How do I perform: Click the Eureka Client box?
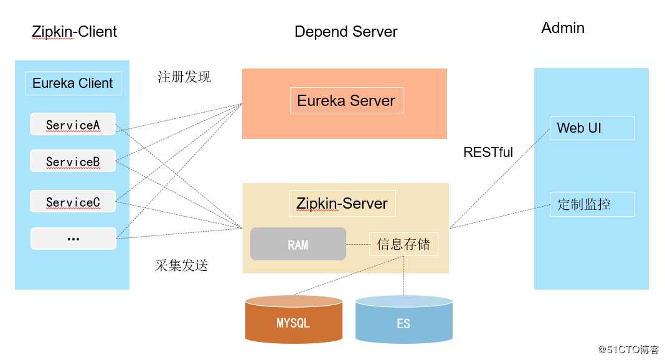(73, 83)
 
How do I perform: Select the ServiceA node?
(73, 125)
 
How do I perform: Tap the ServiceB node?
(73, 161)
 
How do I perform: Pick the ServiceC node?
(73, 202)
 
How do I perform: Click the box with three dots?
(73, 239)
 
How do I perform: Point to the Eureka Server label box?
(346, 100)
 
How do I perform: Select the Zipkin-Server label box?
(342, 203)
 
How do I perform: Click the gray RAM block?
(298, 244)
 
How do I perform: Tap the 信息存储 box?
(403, 244)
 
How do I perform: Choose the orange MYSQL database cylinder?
(293, 321)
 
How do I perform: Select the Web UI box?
(592, 128)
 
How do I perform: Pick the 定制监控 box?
(592, 204)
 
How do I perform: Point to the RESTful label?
(488, 153)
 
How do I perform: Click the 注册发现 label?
(184, 77)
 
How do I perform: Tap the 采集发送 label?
(181, 265)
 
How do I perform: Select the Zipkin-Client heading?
(75, 31)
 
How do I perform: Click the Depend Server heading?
(346, 32)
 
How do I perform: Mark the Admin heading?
(563, 28)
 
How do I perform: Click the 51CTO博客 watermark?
(628, 349)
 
